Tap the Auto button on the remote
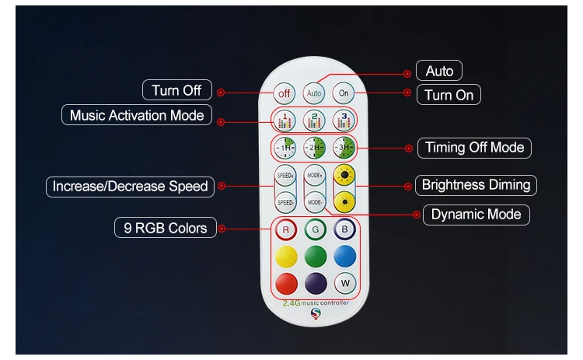[x=314, y=94]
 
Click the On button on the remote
[x=344, y=93]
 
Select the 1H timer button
[x=285, y=148]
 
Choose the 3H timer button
[x=344, y=148]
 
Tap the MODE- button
[x=314, y=202]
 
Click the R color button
[x=285, y=230]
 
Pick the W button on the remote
[x=344, y=282]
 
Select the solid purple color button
[x=315, y=282]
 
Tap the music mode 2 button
[x=314, y=121]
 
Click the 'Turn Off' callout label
[x=176, y=90]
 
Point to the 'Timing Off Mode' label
[x=475, y=147]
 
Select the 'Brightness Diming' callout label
[x=476, y=185]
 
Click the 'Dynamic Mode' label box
[x=476, y=215]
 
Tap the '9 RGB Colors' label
[x=166, y=228]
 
